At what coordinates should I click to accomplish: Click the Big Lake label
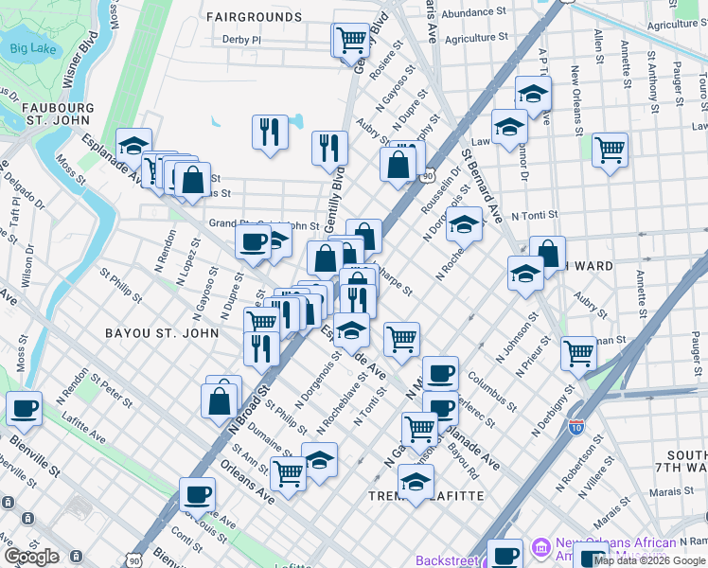tap(32, 48)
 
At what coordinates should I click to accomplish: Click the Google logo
tap(31, 557)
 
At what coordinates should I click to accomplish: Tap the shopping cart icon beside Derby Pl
tap(350, 40)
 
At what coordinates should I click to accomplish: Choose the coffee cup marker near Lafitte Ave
tap(25, 409)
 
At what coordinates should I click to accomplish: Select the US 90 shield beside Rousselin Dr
tap(428, 176)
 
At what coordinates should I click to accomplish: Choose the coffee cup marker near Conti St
tap(197, 494)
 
